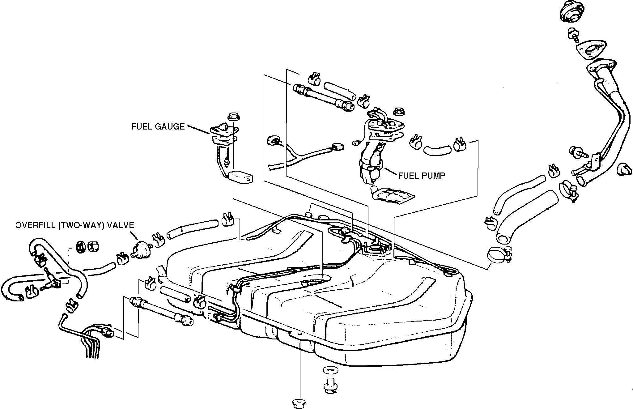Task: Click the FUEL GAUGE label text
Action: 158,127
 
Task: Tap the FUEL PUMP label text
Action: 422,176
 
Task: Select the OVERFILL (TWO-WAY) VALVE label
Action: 75,225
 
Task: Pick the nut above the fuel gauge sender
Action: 232,117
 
